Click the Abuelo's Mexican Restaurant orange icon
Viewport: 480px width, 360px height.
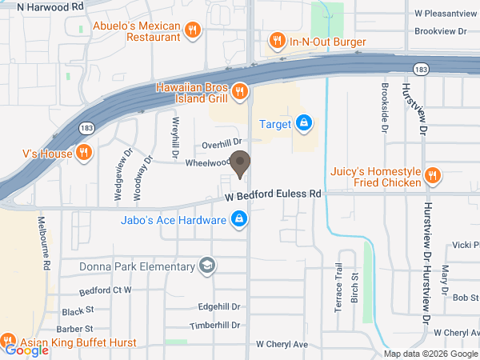[x=191, y=31]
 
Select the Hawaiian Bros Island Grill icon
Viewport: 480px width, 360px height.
[x=238, y=94]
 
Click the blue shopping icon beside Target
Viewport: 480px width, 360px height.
[x=303, y=123]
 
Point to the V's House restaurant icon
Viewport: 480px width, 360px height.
[x=84, y=152]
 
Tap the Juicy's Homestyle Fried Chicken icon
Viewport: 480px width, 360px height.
[x=433, y=175]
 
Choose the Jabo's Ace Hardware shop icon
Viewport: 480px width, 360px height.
[x=238, y=218]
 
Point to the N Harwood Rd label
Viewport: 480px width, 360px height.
[x=49, y=6]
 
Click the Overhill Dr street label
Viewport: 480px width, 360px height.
[x=221, y=144]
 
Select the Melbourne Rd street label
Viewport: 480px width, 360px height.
[x=47, y=240]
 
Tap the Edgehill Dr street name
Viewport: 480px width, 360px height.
[x=219, y=306]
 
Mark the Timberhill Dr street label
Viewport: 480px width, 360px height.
[x=214, y=326]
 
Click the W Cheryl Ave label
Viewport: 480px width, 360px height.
[x=282, y=344]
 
